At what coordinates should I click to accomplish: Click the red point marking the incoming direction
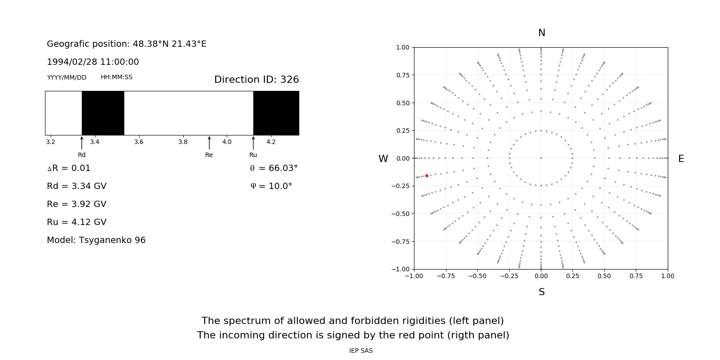click(427, 175)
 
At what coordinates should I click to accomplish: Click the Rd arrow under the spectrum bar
click(81, 143)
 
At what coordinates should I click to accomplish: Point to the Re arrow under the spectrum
click(209, 143)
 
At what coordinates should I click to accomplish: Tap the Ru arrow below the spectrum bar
click(253, 143)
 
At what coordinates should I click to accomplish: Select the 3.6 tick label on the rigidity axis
click(139, 142)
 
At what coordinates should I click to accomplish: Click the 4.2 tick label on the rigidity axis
click(271, 142)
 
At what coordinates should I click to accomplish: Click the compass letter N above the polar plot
click(542, 33)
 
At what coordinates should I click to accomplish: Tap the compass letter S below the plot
click(542, 292)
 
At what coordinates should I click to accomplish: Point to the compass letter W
click(383, 159)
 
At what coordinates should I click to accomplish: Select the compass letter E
click(681, 159)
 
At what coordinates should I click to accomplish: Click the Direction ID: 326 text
click(256, 80)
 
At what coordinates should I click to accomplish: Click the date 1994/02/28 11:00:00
click(93, 62)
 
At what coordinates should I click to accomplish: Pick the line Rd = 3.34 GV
click(76, 186)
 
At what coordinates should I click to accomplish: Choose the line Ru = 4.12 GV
click(76, 222)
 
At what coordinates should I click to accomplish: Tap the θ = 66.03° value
click(274, 168)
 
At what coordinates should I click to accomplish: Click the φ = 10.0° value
click(271, 186)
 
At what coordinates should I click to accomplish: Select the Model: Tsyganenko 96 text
click(96, 240)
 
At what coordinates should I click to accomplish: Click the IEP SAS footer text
click(361, 351)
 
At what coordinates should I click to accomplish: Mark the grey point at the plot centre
click(541, 158)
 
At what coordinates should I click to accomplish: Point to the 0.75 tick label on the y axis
click(403, 75)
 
